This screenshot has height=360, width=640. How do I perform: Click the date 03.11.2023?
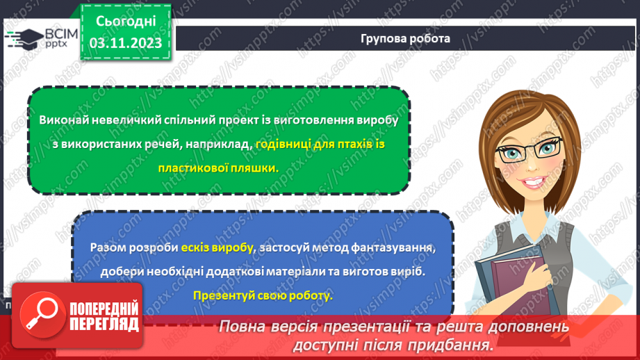coord(125,43)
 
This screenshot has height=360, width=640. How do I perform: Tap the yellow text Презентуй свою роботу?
coord(263,295)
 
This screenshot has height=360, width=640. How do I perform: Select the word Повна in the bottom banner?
coord(244,327)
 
